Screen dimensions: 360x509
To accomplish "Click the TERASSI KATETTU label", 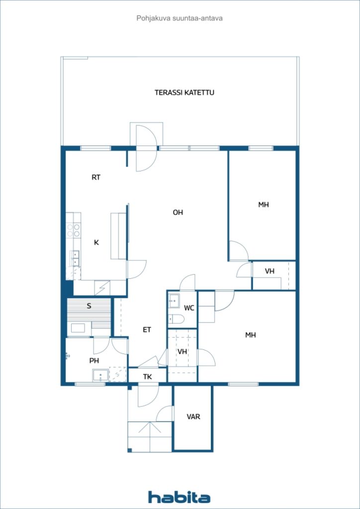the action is [184, 92].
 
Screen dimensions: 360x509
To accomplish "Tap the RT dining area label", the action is [96, 177].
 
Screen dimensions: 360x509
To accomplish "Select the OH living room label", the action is [178, 213].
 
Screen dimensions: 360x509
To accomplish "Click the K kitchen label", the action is [96, 243].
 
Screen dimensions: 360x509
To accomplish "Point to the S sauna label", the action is [89, 306].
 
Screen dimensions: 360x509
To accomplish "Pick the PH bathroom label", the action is [94, 360].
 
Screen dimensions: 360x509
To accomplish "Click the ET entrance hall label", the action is [147, 330].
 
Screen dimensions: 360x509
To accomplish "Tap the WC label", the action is [189, 308].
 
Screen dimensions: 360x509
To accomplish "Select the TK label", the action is [148, 377].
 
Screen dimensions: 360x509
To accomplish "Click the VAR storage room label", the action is [193, 417].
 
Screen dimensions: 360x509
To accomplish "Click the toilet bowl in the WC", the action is [176, 320].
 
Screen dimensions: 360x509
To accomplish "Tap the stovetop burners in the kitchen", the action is [74, 230].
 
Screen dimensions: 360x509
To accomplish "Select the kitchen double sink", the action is [76, 258].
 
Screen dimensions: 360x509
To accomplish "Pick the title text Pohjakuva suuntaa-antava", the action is [180, 18].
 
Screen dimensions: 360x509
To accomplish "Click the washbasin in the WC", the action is [174, 301].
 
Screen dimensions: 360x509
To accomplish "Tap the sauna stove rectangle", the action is [78, 328].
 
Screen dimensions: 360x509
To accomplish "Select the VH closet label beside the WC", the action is [182, 351].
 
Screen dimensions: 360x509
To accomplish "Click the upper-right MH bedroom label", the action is [264, 205].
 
